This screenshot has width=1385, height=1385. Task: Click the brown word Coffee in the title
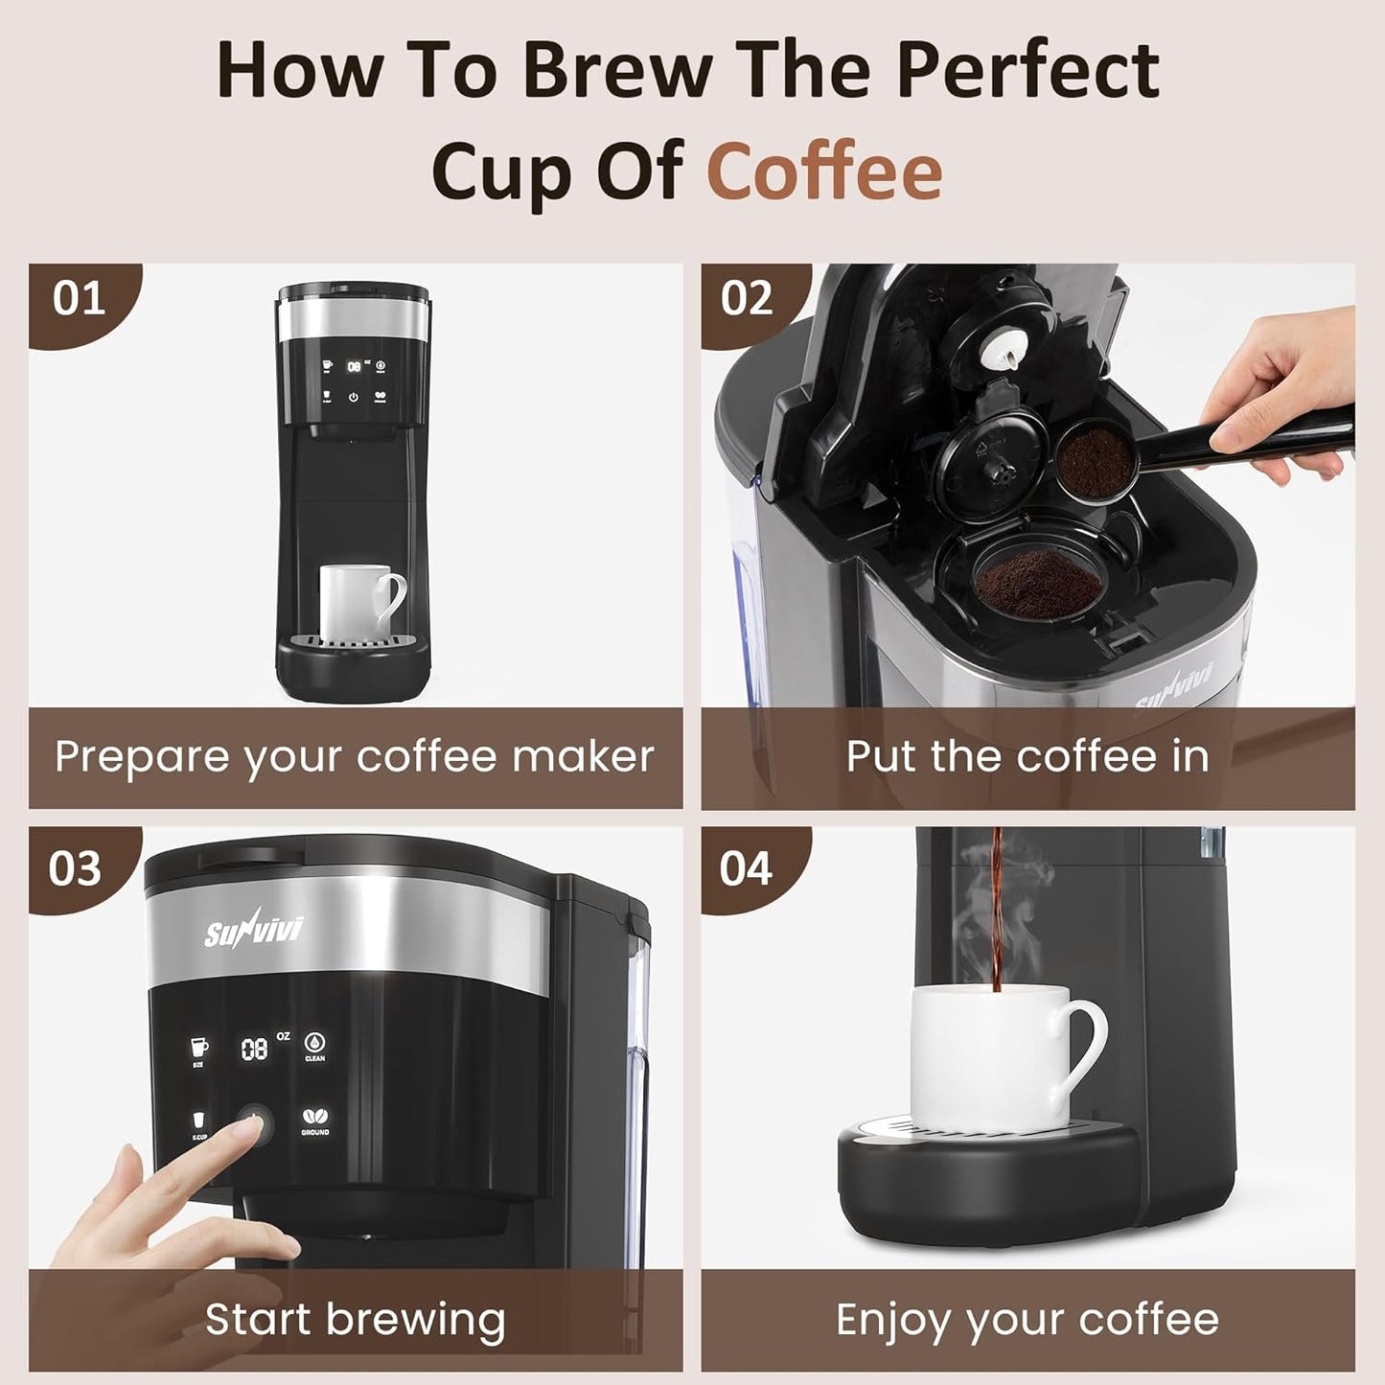point(824,171)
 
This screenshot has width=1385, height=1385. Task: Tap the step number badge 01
point(79,299)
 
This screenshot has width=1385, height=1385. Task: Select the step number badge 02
point(747,299)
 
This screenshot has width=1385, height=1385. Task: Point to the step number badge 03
point(75,868)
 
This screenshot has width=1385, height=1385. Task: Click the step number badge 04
point(746,868)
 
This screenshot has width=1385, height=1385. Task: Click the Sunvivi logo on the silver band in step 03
point(253,929)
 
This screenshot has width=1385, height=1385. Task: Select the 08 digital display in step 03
point(254,1050)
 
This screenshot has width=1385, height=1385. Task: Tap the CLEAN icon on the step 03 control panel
point(315,1044)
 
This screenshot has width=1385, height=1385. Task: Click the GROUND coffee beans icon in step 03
point(315,1119)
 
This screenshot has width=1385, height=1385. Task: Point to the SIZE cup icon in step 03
point(198,1048)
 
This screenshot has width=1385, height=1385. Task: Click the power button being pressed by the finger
point(255,1120)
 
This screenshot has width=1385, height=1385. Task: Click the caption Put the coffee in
point(1027,756)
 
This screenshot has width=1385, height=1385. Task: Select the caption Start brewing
point(355,1319)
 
